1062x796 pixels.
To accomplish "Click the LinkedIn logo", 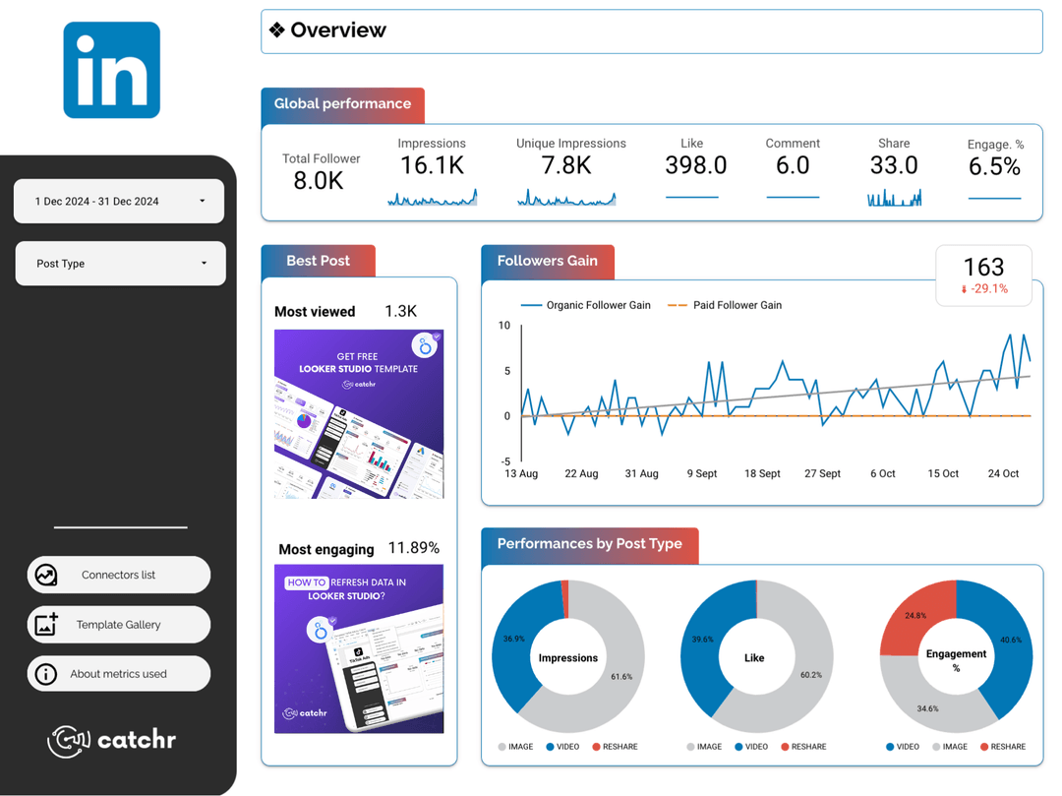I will click(x=111, y=70).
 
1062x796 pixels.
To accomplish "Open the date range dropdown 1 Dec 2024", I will click(x=119, y=201).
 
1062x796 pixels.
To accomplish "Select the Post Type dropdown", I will click(x=120, y=264).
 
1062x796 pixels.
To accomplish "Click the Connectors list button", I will click(x=118, y=575).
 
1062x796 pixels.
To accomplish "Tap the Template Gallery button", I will click(x=118, y=625).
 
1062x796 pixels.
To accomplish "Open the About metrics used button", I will click(x=118, y=674).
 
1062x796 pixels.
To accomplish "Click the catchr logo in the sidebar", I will click(x=112, y=740).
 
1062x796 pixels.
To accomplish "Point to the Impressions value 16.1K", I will click(x=432, y=165).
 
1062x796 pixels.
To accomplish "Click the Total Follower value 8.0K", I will click(x=319, y=180).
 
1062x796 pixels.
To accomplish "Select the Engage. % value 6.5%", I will click(x=994, y=167).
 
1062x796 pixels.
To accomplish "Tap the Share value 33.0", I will click(x=893, y=165).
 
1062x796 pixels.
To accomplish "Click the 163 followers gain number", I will click(x=983, y=267).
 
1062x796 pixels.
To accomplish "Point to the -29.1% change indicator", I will click(x=984, y=289).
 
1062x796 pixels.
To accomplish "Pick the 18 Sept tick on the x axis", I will click(x=762, y=473).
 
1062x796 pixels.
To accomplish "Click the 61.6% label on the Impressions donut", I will click(x=621, y=677).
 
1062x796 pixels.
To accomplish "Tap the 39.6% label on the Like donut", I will click(x=702, y=640).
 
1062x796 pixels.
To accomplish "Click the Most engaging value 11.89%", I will click(x=413, y=548).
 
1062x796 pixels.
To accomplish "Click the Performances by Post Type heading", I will click(x=589, y=544).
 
